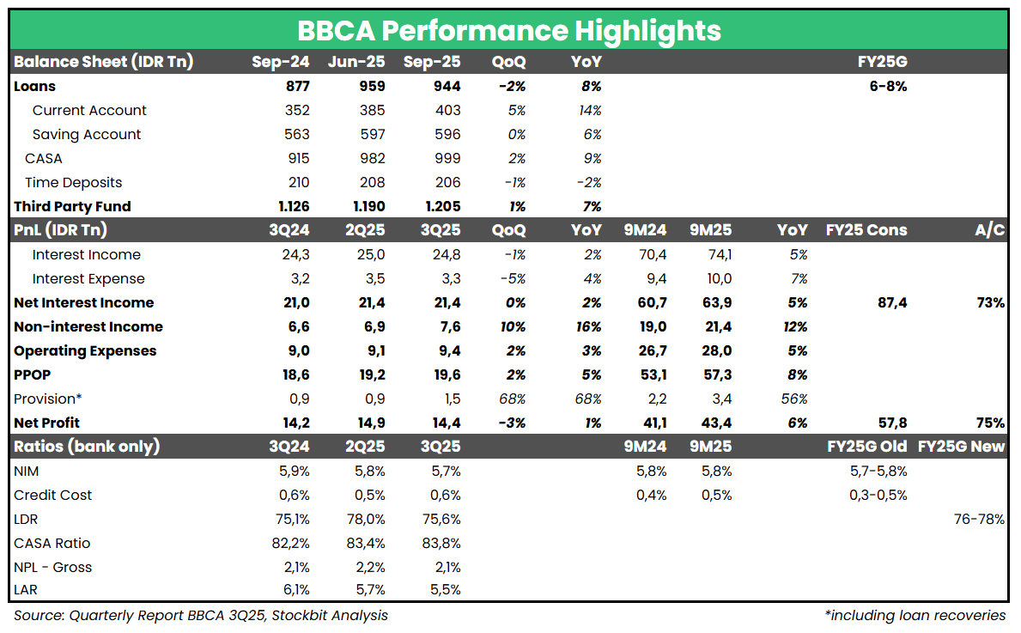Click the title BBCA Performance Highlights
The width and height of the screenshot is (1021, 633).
(x=509, y=30)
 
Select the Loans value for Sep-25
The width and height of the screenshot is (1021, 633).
(x=445, y=86)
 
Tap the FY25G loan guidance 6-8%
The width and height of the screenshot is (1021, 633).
(x=888, y=86)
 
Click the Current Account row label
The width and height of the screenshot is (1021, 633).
(x=89, y=110)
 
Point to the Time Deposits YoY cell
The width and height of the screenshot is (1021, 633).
(x=587, y=182)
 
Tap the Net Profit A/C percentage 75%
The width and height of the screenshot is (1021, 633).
(x=990, y=423)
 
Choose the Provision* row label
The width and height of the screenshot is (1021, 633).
(x=47, y=399)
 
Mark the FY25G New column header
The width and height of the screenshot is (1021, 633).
(x=961, y=447)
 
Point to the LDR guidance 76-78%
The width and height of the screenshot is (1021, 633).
(x=979, y=519)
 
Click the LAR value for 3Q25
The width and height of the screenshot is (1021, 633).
(x=445, y=589)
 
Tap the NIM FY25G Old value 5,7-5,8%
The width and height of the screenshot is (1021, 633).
(x=877, y=471)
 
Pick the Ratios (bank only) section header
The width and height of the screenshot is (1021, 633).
(x=87, y=447)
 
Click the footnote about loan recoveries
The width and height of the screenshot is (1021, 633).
(x=915, y=615)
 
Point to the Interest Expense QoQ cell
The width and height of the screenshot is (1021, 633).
(x=513, y=278)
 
